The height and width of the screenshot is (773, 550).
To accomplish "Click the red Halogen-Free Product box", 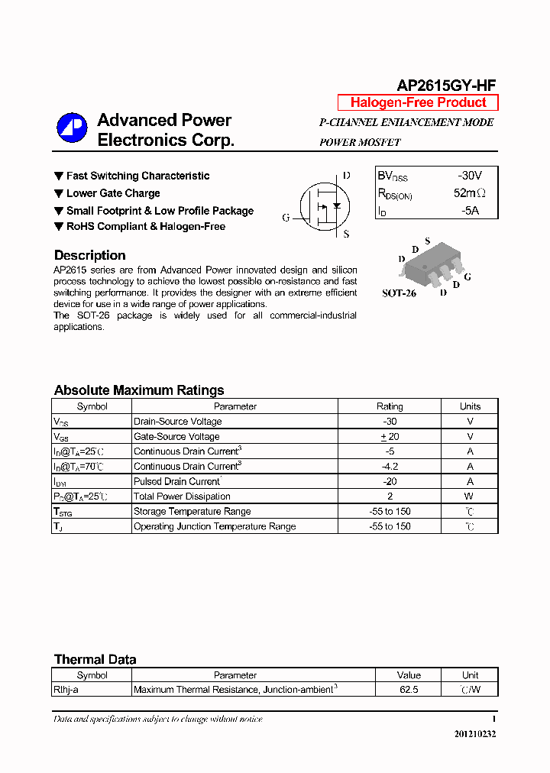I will [418, 102].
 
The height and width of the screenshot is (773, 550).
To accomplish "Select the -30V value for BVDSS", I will [469, 175].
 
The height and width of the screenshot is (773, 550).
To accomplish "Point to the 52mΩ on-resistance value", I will [469, 193].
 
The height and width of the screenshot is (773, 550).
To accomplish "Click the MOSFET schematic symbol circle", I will [325, 206].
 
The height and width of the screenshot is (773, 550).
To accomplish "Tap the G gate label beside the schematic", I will [286, 218].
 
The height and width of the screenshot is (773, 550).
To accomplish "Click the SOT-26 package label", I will [399, 293].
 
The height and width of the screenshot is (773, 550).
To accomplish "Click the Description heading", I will [89, 255].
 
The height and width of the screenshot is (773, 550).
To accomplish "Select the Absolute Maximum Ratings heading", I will [139, 390].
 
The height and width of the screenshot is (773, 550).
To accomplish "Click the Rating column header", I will [390, 406].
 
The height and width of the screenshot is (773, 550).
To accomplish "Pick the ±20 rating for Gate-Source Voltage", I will [390, 436].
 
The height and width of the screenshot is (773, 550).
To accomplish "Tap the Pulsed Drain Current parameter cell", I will [177, 481].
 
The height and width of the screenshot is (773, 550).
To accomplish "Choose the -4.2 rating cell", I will [390, 466].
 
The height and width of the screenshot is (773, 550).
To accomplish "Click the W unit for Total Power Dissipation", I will [470, 496].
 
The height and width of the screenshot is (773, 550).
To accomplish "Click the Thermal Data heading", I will [95, 659].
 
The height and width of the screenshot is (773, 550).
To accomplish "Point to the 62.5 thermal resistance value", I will [409, 690].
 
